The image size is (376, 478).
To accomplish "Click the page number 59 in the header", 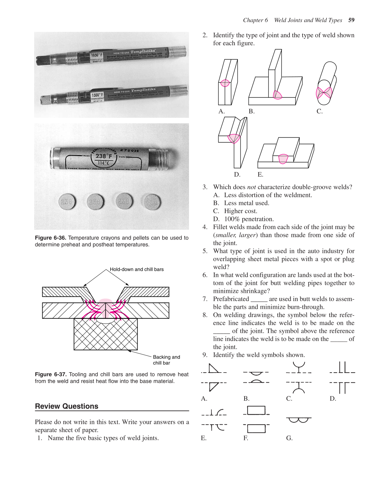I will [x=351, y=20].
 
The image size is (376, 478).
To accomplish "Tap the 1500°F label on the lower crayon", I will [x=97, y=95].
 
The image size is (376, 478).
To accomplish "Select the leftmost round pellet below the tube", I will [x=67, y=202].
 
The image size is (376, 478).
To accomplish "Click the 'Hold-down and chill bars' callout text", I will [x=137, y=269].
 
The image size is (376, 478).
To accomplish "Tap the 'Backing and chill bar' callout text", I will [x=166, y=360].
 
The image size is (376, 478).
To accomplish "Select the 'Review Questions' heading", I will [x=67, y=406].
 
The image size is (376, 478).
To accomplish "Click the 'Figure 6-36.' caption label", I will [x=50, y=238].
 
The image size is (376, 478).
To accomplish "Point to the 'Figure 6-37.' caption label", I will [x=50, y=375].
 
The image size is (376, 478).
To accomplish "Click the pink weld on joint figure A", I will [x=225, y=83].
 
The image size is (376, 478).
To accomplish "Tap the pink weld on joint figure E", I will [x=283, y=159].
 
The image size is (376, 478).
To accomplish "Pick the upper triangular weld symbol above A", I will [x=213, y=368].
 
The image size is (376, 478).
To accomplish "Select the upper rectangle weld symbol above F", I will [x=256, y=410].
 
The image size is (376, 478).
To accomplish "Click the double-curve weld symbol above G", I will [x=299, y=420].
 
